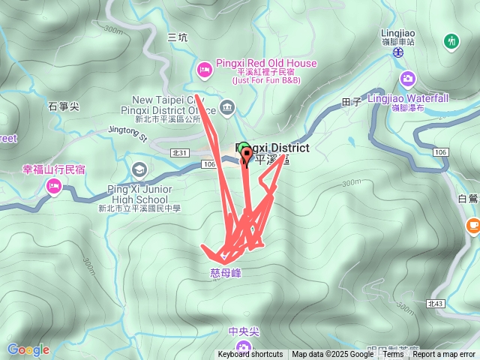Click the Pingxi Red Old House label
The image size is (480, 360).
265,64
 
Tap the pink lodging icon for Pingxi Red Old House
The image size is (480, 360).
203,70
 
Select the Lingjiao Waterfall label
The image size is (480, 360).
408,98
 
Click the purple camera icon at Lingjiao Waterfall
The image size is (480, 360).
408,78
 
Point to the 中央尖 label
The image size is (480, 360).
244,331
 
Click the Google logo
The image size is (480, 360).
28,349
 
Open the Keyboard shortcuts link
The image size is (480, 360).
250,355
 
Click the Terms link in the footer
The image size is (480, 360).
393,355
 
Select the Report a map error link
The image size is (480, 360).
444,355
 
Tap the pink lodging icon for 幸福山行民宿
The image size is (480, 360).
53,187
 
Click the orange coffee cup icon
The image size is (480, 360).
472,225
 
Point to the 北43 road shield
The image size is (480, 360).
435,304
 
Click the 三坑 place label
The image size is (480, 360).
177,37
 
